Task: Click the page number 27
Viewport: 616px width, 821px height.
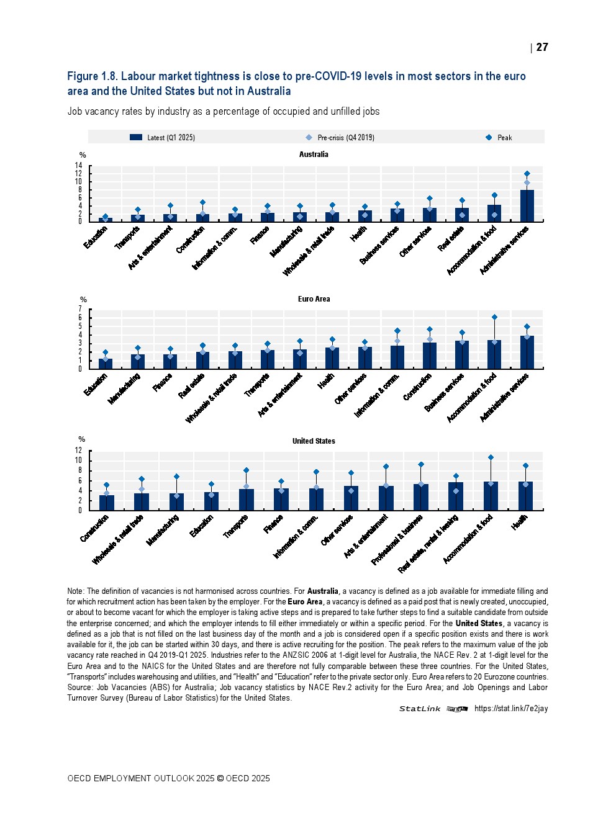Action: point(542,47)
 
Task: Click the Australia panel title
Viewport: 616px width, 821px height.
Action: point(314,155)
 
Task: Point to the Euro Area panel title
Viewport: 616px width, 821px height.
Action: point(314,299)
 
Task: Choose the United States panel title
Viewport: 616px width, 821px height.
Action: point(314,441)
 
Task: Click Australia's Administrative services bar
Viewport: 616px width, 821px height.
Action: point(527,206)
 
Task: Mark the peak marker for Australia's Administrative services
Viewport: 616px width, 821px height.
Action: point(527,174)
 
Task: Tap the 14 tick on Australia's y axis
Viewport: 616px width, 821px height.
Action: point(79,166)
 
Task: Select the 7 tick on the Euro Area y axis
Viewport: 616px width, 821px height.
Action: point(80,309)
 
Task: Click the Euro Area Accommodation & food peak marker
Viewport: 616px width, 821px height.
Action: point(494,317)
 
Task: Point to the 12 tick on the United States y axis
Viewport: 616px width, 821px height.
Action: point(79,451)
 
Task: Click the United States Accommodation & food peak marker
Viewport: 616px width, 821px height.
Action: point(491,457)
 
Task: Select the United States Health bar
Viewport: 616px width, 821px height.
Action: point(525,496)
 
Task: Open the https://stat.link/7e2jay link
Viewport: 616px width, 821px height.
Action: point(510,709)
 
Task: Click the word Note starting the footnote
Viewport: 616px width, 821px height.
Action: point(75,591)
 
